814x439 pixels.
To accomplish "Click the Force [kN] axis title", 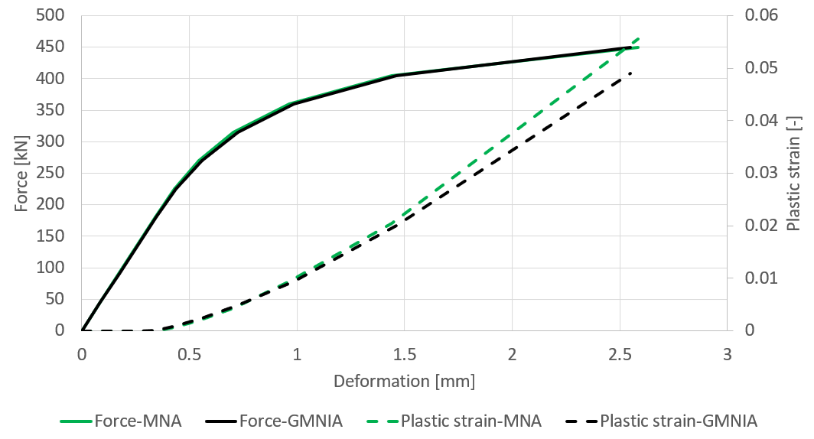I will pyautogui.click(x=21, y=173).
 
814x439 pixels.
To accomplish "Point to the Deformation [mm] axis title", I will pyautogui.click(x=404, y=380).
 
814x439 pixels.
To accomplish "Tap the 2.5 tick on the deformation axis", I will pyautogui.click(x=620, y=354).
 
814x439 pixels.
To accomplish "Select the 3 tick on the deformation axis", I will pyautogui.click(x=728, y=354).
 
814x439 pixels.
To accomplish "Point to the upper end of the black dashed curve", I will pyautogui.click(x=631, y=73).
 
